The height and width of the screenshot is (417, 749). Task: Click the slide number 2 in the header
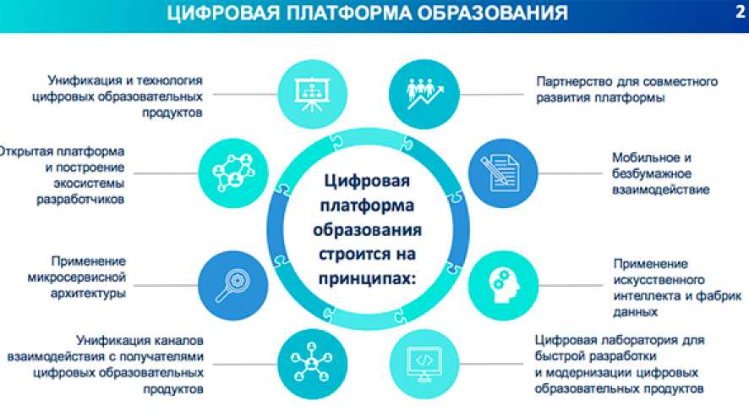740,11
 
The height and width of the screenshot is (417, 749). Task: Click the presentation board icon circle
313,94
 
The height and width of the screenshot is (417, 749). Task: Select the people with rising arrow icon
424,94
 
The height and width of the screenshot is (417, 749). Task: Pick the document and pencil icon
503,173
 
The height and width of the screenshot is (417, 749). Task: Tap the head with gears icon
503,286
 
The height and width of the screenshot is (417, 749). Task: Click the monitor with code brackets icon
424,364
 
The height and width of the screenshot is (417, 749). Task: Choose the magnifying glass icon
233,286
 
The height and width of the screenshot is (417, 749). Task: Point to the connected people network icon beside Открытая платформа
233,173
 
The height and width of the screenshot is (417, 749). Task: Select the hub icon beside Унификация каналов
313,364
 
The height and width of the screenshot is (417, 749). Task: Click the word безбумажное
652,173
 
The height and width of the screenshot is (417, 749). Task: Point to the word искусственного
659,280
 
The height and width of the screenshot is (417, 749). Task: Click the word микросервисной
76,277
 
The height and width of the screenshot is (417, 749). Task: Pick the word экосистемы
89,184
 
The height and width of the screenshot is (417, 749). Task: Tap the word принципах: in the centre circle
368,278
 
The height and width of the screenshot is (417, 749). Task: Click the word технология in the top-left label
169,80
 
